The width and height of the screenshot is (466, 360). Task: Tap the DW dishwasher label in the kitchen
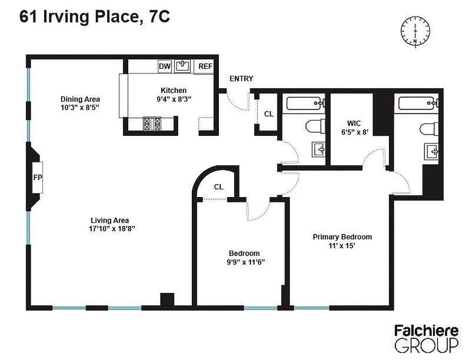165,67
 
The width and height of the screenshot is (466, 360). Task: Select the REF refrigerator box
205,67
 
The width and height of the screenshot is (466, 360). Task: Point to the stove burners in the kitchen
152,123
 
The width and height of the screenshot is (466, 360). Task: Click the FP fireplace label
38,177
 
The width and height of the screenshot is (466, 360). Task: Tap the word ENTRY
241,79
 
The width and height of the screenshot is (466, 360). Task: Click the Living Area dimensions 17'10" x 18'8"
110,229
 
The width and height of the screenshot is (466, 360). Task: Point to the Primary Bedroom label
343,237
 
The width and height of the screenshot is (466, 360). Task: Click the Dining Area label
80,99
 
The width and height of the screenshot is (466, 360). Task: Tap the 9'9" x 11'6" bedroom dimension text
244,261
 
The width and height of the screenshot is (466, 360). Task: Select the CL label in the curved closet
219,186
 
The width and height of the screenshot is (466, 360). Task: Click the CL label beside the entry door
269,114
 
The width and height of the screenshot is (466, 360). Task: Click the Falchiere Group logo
426,338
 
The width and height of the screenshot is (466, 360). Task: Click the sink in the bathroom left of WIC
319,148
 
